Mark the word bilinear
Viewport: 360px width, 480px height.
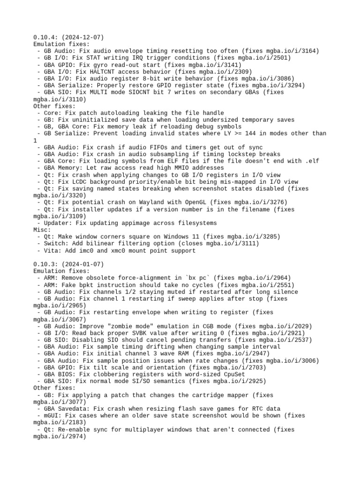click(x=97, y=244)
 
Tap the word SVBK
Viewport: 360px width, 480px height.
click(x=131, y=333)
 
